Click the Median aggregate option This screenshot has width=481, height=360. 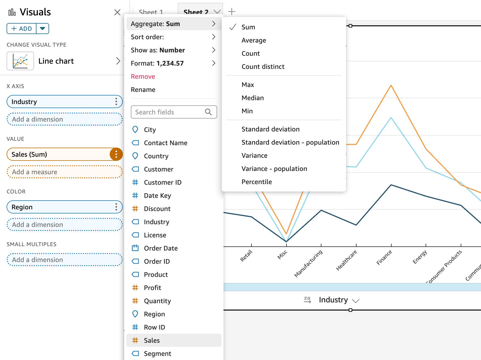(x=253, y=98)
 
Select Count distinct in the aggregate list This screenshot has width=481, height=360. (x=263, y=67)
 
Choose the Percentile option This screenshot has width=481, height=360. (x=256, y=182)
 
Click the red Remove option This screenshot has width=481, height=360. (x=143, y=77)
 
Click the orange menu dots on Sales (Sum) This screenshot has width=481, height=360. (x=116, y=154)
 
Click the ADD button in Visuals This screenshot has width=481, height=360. (x=22, y=29)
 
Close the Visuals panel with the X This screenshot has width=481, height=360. (x=117, y=12)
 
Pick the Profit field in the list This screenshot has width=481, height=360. (x=152, y=288)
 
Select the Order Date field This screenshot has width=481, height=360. (x=160, y=248)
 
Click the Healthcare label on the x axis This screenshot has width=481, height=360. (x=347, y=260)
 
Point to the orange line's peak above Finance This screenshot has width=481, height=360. (x=391, y=86)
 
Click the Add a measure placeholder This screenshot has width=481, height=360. (x=64, y=172)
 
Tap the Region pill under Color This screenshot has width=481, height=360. (x=60, y=207)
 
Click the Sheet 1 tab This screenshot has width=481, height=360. (x=151, y=12)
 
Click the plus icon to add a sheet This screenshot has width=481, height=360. (x=232, y=12)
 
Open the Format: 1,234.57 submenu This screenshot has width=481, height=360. (x=173, y=63)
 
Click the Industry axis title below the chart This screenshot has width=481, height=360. (x=333, y=300)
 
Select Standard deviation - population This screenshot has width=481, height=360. (x=290, y=142)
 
